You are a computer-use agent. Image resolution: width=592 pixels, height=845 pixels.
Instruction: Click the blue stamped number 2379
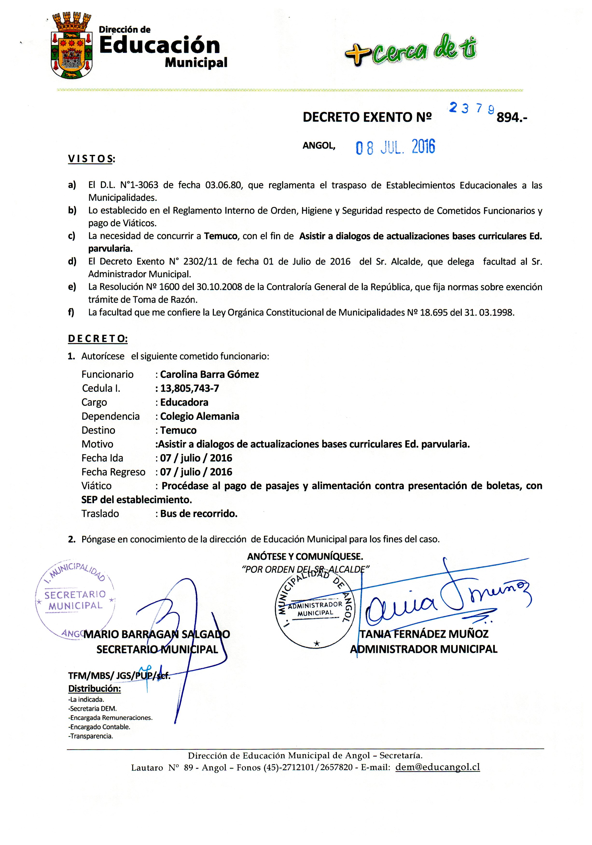(x=471, y=108)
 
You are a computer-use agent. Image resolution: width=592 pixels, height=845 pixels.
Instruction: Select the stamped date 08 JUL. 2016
(x=395, y=147)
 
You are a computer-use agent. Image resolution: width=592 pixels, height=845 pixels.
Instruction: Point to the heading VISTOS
(x=91, y=159)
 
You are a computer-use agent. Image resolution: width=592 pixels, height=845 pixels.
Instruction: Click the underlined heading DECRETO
(x=98, y=339)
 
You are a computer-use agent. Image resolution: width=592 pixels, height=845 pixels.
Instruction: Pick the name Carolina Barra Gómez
(x=209, y=375)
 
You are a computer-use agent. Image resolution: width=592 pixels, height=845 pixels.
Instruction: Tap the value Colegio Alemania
(x=200, y=416)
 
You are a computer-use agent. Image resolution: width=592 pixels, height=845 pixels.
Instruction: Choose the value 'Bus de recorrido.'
(x=199, y=514)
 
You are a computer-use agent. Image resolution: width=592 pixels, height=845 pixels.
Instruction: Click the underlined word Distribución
(x=94, y=689)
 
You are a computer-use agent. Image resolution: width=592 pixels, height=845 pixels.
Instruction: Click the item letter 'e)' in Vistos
(x=72, y=287)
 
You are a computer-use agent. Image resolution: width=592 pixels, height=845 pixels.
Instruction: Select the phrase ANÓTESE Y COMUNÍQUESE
(x=305, y=556)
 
